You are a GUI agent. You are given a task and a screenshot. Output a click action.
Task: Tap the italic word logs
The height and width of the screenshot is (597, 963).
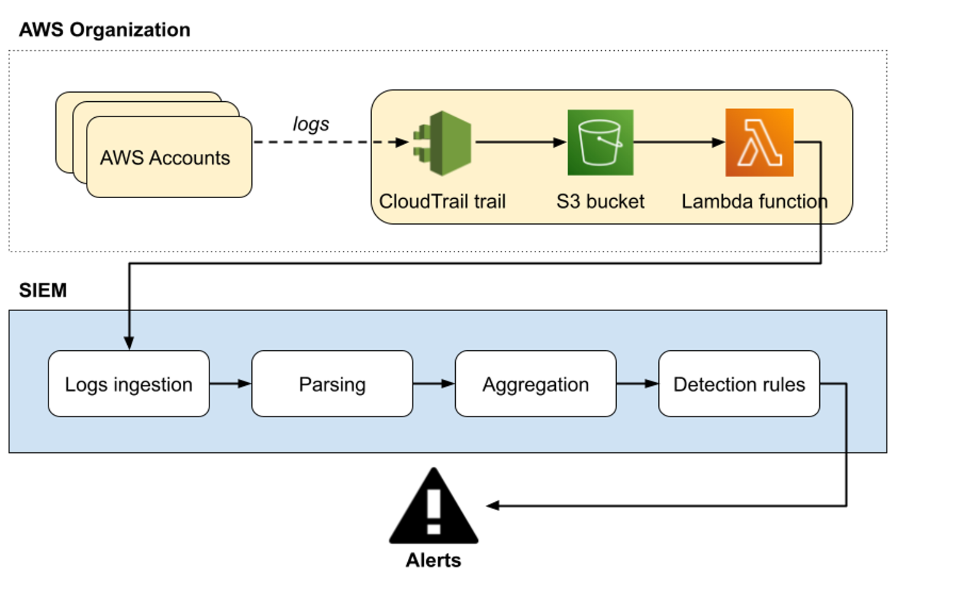click(x=311, y=124)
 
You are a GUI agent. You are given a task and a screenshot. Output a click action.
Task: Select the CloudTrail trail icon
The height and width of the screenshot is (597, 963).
click(x=443, y=143)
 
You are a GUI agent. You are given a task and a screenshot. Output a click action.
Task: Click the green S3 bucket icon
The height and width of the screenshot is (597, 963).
click(x=600, y=142)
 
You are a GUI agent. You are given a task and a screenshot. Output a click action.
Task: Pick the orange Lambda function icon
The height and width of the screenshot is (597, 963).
click(x=759, y=142)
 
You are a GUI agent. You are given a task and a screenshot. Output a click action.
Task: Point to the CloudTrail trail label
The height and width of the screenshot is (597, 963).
click(x=442, y=201)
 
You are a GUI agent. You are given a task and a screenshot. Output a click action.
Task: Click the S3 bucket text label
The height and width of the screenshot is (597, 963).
click(x=600, y=201)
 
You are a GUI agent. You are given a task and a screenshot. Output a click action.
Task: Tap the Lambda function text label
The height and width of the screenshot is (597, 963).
click(x=754, y=201)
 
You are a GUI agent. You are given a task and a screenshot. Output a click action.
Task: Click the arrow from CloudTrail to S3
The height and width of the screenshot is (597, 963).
click(x=520, y=142)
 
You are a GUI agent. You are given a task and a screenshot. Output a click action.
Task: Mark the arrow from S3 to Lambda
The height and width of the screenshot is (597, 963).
click(x=679, y=142)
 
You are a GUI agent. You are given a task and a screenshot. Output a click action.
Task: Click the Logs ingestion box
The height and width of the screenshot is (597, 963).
click(x=129, y=384)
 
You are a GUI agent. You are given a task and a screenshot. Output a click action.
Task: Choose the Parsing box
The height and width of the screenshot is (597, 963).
click(x=332, y=384)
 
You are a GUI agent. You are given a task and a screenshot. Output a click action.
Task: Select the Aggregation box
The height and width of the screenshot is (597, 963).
click(x=536, y=384)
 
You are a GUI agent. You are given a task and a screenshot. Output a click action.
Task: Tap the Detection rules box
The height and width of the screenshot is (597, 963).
click(x=739, y=384)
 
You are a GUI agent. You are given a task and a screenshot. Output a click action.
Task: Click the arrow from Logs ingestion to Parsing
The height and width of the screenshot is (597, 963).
click(x=230, y=384)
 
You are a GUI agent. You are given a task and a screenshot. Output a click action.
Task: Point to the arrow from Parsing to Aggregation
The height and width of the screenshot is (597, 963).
click(x=434, y=384)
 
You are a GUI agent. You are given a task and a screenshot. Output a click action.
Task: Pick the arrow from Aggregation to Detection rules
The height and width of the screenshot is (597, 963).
click(x=637, y=384)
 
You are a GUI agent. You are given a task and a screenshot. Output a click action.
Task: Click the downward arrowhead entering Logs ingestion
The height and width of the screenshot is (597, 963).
click(x=129, y=342)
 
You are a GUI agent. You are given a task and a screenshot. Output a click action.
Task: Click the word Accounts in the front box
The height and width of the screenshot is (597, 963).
click(x=190, y=158)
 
